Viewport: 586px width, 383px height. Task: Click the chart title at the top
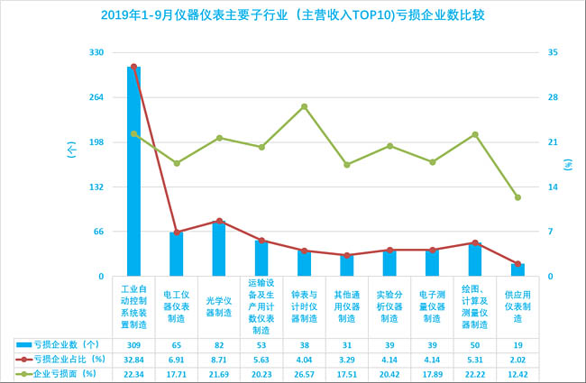pos(293,15)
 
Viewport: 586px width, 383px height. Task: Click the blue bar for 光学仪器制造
pos(219,249)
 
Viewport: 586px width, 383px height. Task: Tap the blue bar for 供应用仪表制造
pos(517,269)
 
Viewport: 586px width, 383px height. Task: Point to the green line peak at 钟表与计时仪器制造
pos(304,106)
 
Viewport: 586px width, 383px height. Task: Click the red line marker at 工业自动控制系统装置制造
pos(133,67)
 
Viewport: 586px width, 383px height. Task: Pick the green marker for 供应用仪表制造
pos(517,197)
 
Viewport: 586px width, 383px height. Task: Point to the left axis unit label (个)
pos(71,150)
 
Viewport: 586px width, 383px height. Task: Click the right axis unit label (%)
pos(568,165)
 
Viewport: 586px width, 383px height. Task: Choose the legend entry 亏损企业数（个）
pos(65,344)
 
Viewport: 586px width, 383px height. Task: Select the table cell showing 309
pos(133,344)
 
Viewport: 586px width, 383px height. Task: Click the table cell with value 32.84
pos(133,358)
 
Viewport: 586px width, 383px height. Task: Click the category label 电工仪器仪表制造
pos(176,305)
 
